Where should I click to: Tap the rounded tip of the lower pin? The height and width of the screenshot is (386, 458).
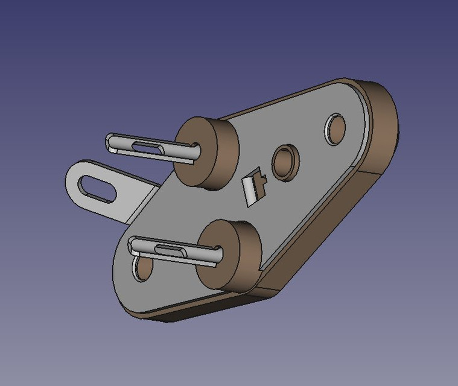[x=133, y=244]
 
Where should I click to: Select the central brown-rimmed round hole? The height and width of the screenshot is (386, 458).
[x=284, y=161]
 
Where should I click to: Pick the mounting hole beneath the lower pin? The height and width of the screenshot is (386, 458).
[x=142, y=269]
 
